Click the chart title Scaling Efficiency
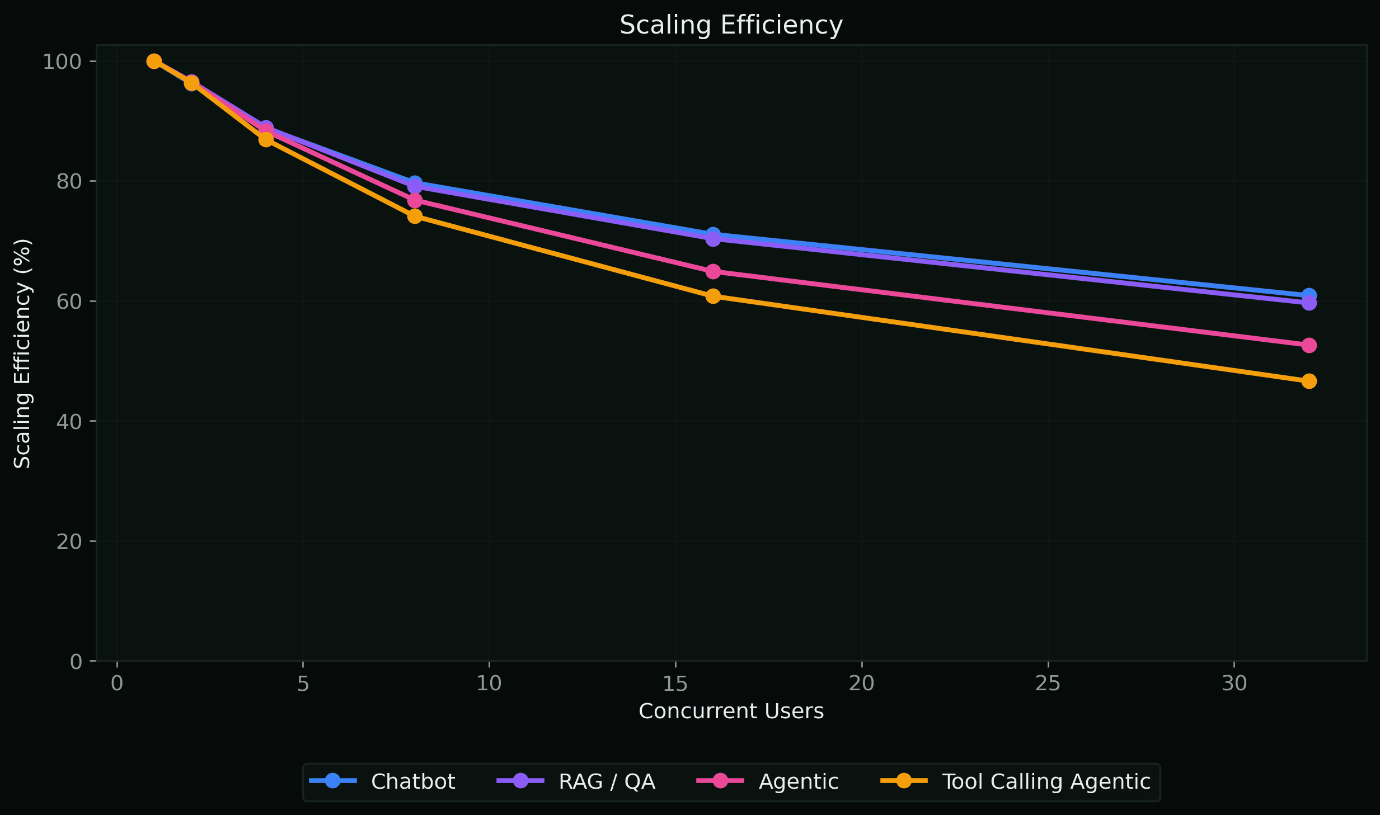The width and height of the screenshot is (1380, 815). click(731, 25)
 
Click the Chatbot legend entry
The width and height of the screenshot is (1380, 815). click(412, 781)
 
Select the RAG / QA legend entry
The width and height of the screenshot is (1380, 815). click(607, 781)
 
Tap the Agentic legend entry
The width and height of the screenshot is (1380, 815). click(798, 781)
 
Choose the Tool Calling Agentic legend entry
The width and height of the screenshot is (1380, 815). click(1045, 781)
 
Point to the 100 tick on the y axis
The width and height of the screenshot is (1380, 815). click(62, 62)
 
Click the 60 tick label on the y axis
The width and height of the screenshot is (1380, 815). click(68, 301)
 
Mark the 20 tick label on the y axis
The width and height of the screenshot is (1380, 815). click(68, 541)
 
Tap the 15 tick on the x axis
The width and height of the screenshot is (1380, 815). click(675, 684)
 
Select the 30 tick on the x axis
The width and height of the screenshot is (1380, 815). click(1233, 684)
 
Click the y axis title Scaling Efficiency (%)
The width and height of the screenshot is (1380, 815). click(22, 354)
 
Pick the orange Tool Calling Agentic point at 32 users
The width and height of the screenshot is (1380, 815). click(1309, 381)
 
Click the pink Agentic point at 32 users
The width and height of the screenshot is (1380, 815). click(1309, 345)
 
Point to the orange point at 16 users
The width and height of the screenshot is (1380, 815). click(713, 296)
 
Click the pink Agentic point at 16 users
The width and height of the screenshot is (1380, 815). click(713, 271)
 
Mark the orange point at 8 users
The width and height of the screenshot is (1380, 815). click(415, 216)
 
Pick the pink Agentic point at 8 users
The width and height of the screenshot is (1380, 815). click(415, 200)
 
